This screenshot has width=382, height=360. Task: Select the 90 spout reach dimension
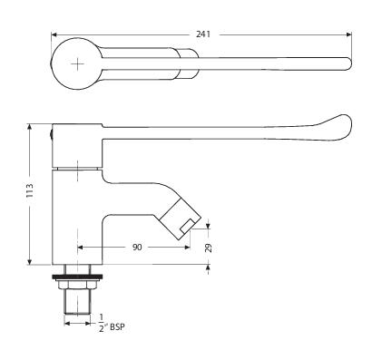135,245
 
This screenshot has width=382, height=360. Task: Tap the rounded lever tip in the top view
345,64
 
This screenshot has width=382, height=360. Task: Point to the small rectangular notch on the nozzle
188,224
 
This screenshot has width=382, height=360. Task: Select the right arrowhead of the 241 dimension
348,34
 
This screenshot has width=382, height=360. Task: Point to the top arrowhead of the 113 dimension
34,124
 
